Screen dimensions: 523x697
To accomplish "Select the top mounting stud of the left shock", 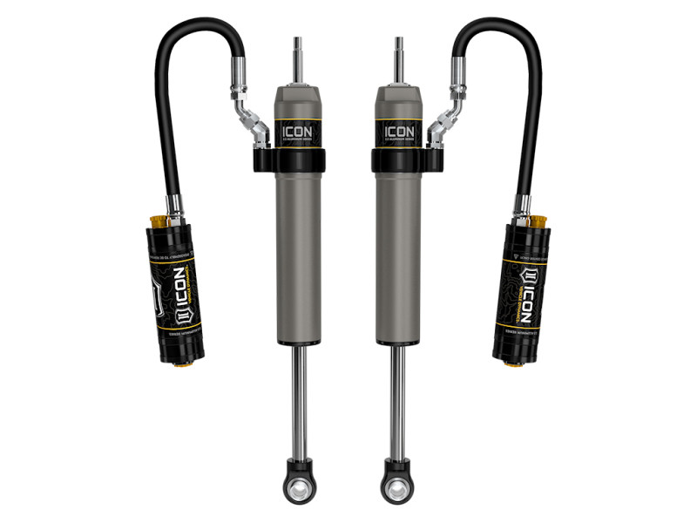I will [x=298, y=56].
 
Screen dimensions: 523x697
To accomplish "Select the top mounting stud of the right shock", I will [x=399, y=56].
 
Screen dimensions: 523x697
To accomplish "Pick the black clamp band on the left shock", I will [x=294, y=161].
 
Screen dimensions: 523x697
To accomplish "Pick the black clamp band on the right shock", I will [x=403, y=161].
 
